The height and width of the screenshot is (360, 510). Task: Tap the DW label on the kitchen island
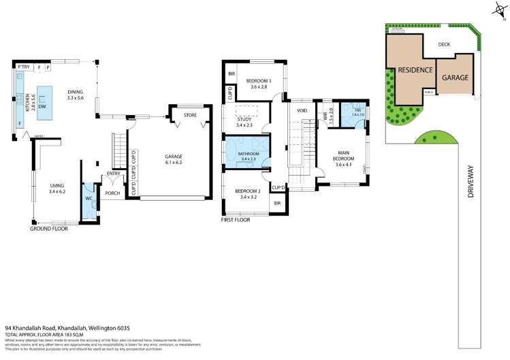[x=42, y=107]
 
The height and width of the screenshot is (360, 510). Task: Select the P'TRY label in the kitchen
[x=25, y=67]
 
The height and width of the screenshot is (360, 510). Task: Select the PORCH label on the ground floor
[x=112, y=193]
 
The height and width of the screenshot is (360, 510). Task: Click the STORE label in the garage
[x=190, y=115]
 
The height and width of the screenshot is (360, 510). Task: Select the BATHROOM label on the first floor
[x=249, y=154]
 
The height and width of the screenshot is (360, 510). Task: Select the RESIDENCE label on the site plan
[x=415, y=69]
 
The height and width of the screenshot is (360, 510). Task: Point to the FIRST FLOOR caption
[x=236, y=220]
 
